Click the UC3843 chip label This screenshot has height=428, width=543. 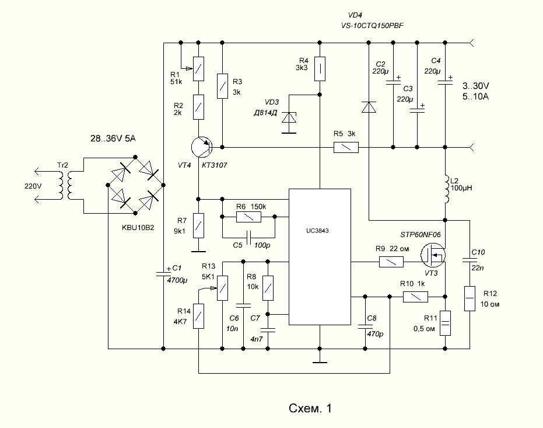(317, 231)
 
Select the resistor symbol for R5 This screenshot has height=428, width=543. (346, 148)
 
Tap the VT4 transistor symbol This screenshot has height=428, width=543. (202, 147)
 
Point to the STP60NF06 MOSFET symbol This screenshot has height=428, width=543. (433, 255)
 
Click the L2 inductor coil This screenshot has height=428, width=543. (446, 189)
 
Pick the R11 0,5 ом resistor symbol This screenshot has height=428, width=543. (445, 323)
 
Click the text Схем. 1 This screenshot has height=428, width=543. (310, 408)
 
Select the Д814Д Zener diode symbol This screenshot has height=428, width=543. (289, 118)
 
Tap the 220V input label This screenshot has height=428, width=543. (33, 186)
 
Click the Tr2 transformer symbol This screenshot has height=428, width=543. (66, 186)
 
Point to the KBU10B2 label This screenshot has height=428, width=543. (138, 228)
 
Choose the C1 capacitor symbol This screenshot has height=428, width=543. (163, 274)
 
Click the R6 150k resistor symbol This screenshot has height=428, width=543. (248, 217)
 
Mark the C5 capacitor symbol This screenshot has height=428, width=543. (248, 238)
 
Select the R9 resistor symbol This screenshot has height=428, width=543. (391, 262)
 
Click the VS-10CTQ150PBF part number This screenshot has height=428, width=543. (372, 26)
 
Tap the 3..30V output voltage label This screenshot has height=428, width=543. (476, 86)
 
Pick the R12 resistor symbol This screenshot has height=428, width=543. (470, 299)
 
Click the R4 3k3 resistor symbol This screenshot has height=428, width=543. (320, 69)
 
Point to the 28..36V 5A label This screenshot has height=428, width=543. (113, 138)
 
